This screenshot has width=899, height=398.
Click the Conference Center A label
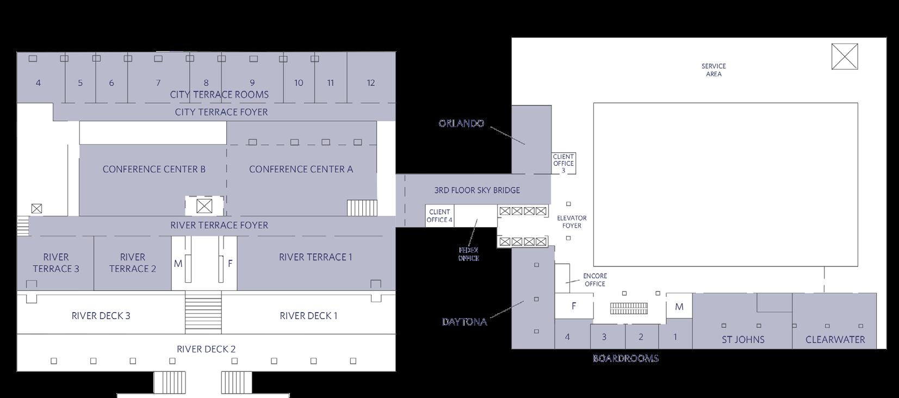(301, 169)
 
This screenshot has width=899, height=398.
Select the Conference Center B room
(154, 169)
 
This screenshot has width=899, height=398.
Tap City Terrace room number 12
(370, 83)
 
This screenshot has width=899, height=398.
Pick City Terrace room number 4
(38, 83)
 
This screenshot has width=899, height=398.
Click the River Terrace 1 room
(315, 257)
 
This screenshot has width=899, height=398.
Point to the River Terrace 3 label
(55, 263)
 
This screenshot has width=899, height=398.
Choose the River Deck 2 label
(206, 349)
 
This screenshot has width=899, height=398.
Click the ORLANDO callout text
(461, 123)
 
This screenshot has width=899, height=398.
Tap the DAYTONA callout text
(464, 321)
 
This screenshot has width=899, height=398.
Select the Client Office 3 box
(563, 163)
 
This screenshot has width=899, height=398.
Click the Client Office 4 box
(439, 216)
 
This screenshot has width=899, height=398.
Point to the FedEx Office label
(468, 254)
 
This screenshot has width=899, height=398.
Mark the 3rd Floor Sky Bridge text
(477, 190)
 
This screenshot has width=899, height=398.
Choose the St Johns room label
(743, 339)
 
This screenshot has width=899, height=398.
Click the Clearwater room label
(835, 339)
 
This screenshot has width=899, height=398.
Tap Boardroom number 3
(604, 337)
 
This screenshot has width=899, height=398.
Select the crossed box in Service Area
(845, 57)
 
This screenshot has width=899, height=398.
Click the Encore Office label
(594, 279)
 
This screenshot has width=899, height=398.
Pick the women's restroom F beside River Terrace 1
(230, 264)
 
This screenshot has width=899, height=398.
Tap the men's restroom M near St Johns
(679, 307)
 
